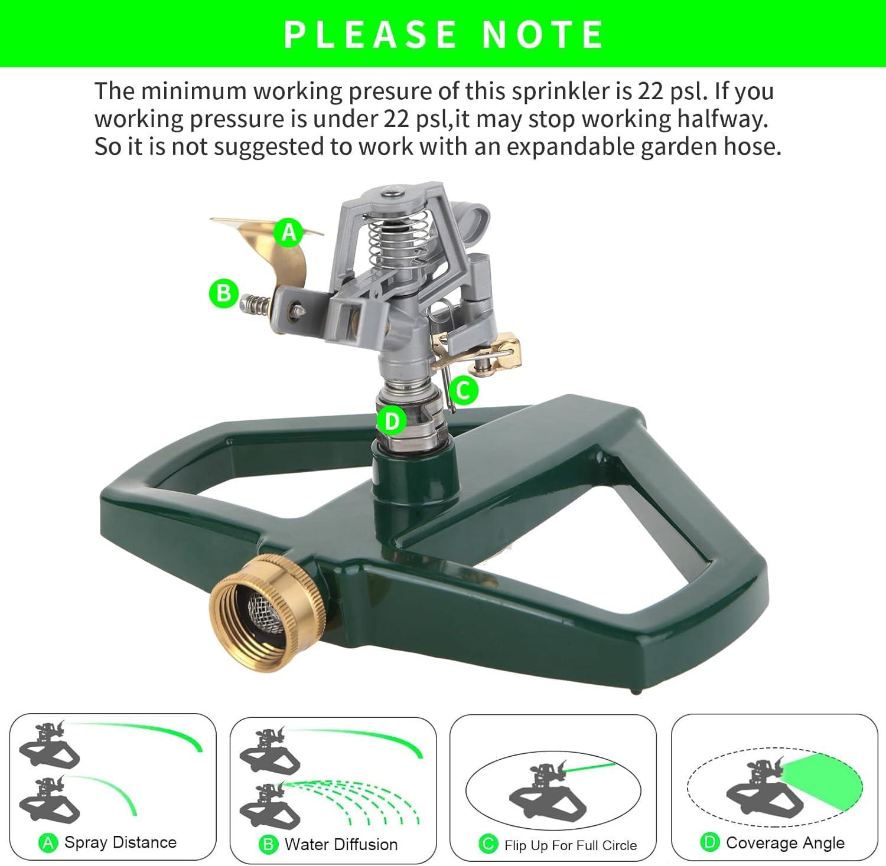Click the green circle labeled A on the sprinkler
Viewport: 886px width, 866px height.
pyautogui.click(x=289, y=232)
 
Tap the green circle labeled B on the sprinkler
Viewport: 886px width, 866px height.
pyautogui.click(x=224, y=293)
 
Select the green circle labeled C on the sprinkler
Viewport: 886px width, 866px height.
pyautogui.click(x=463, y=390)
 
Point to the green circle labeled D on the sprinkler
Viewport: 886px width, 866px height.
pyautogui.click(x=392, y=421)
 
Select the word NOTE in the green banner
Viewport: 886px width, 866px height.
pyautogui.click(x=543, y=34)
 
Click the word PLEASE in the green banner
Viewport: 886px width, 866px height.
pyautogui.click(x=371, y=34)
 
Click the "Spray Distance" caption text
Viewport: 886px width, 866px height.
pyautogui.click(x=120, y=842)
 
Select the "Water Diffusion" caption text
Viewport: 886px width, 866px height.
pyautogui.click(x=341, y=844)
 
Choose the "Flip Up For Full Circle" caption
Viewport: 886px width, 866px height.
pyautogui.click(x=571, y=845)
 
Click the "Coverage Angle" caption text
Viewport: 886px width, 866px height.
pyautogui.click(x=785, y=843)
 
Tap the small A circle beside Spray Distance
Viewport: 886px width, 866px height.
pyautogui.click(x=48, y=843)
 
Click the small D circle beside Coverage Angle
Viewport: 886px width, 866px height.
pyautogui.click(x=710, y=843)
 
